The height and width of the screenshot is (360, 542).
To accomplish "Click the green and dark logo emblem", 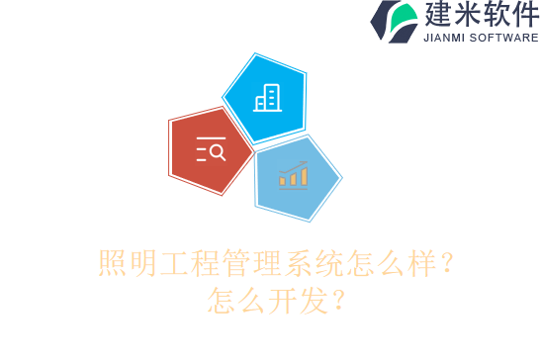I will [394, 22].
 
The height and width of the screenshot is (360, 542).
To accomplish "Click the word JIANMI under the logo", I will [447, 39].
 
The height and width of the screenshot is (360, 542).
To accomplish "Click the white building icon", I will [267, 97].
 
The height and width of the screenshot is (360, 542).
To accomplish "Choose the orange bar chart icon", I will [293, 175].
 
